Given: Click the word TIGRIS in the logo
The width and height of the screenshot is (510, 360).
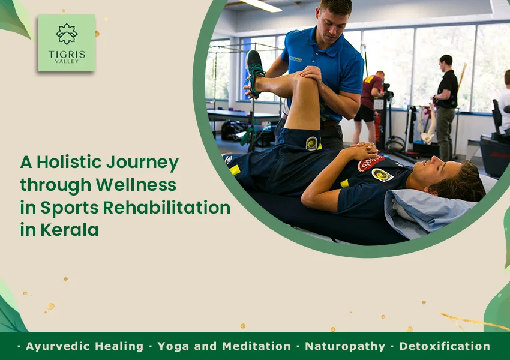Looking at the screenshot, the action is pyautogui.click(x=67, y=54).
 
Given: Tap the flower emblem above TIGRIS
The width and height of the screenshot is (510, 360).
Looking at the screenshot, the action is pyautogui.click(x=67, y=34).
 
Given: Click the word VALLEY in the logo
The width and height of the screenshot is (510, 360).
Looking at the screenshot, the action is pyautogui.click(x=67, y=61).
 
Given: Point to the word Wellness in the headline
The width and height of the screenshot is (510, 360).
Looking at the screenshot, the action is pyautogui.click(x=136, y=184).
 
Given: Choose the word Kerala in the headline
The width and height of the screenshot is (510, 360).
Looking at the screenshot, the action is pyautogui.click(x=69, y=230).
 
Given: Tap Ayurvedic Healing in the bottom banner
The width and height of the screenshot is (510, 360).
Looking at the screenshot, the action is pyautogui.click(x=85, y=346).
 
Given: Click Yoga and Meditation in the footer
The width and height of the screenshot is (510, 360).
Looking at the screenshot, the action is pyautogui.click(x=224, y=346).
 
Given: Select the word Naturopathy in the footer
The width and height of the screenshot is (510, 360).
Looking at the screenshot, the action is pyautogui.click(x=345, y=346).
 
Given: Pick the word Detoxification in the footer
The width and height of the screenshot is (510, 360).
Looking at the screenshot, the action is pyautogui.click(x=445, y=346).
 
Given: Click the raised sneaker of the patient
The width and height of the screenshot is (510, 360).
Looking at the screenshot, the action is pyautogui.click(x=255, y=72).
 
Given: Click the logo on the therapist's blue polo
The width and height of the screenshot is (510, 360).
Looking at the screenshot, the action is pyautogui.click(x=295, y=59).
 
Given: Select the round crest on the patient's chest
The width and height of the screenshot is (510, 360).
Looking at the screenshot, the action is pyautogui.click(x=382, y=175).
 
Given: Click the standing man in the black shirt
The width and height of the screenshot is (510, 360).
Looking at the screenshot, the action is pyautogui.click(x=446, y=107).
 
